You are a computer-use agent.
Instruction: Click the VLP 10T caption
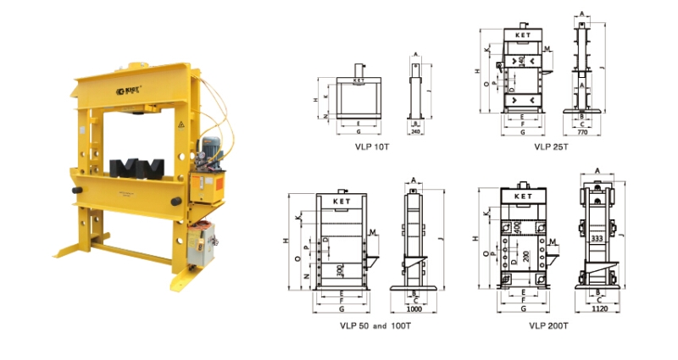click(x=372, y=146)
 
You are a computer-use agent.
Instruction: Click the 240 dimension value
click(x=415, y=132)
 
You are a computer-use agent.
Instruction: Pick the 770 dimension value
click(x=582, y=133)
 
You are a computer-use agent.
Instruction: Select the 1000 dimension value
click(x=415, y=309)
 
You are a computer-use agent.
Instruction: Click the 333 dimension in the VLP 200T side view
click(x=597, y=240)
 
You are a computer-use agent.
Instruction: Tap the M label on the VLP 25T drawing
click(x=548, y=49)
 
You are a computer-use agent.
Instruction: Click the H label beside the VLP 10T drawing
click(x=314, y=100)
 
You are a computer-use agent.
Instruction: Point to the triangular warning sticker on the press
click(x=179, y=125)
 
